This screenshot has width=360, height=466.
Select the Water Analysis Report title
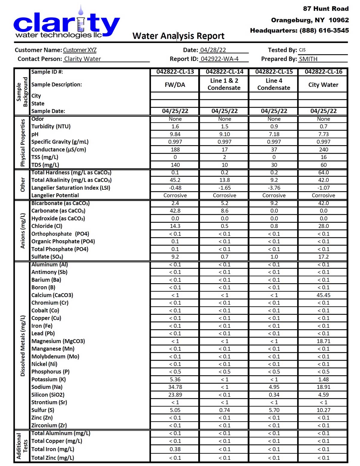pyautogui.click(x=178, y=36)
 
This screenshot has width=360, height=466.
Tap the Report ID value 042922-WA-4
pyautogui.click(x=220, y=59)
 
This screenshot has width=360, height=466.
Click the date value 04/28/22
pyautogui.click(x=213, y=50)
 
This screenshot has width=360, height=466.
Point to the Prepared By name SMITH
pyautogui.click(x=308, y=59)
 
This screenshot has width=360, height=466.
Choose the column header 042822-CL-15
pyautogui.click(x=274, y=72)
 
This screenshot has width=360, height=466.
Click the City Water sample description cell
pyautogui.click(x=323, y=85)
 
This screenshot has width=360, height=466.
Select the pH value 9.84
pyautogui.click(x=175, y=134)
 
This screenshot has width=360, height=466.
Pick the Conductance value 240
pyautogui.click(x=323, y=149)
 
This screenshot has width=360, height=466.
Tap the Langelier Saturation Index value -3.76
pyautogui.click(x=274, y=188)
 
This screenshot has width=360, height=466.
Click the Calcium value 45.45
pyautogui.click(x=323, y=295)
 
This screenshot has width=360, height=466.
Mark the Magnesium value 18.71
pyautogui.click(x=323, y=341)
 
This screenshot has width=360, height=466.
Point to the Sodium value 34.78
pyautogui.click(x=175, y=387)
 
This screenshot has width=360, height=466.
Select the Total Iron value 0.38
pyautogui.click(x=175, y=449)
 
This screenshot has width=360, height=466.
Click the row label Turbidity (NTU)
pyautogui.click(x=51, y=126)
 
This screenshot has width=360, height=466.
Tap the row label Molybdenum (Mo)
pyautogui.click(x=55, y=356)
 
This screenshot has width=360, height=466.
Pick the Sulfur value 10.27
pyautogui.click(x=323, y=410)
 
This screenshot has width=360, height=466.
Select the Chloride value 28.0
pyautogui.click(x=323, y=226)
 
